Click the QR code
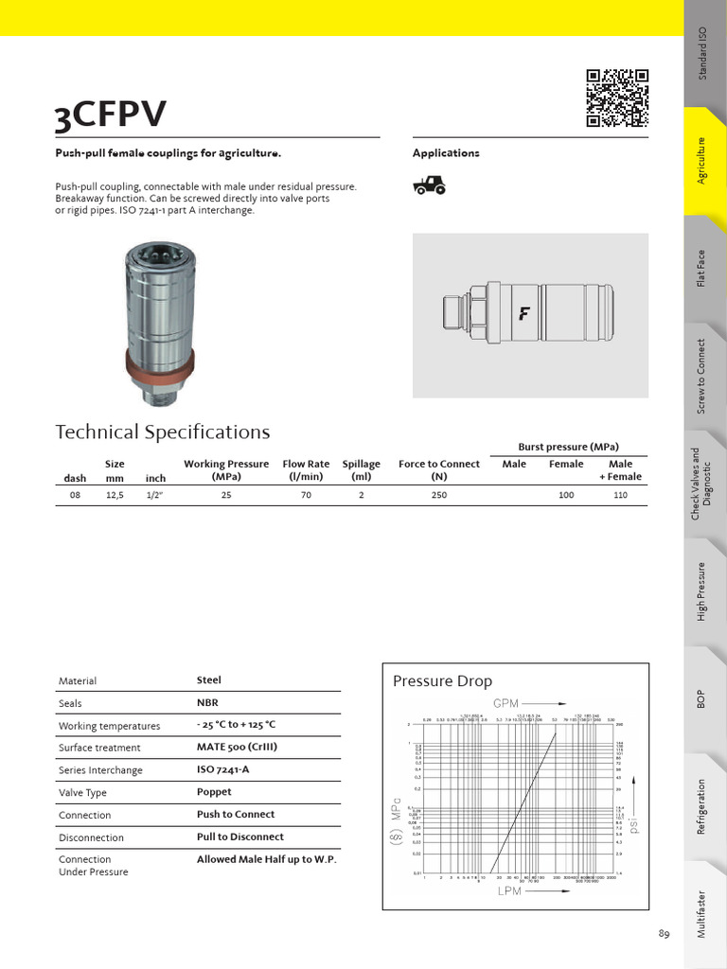pos(617,97)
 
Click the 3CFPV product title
pos(111,116)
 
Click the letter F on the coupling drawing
pos(523,314)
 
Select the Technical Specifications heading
pos(163,432)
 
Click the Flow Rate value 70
pos(306,495)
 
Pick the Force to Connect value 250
pos(438,495)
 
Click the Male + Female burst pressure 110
pos(620,495)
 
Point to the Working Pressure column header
pos(226,470)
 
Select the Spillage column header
pos(361,470)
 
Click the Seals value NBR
pos(207,703)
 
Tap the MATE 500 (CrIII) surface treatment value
pos(237,748)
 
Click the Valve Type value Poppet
pos(214,792)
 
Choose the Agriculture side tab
pos(701,161)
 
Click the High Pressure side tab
pos(701,591)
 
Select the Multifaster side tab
pos(701,914)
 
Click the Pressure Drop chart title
pos(442,681)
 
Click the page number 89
pos(664,934)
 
